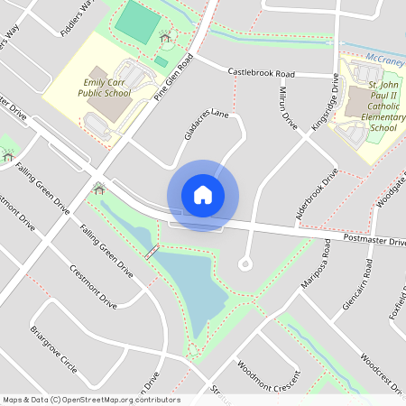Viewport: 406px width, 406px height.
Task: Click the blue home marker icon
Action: coord(203,195)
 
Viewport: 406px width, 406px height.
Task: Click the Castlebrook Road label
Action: coord(262,71)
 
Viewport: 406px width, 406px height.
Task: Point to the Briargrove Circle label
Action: coord(53,350)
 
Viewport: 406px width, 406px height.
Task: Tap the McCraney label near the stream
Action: coord(386,56)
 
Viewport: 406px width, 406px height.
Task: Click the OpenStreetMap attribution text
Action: coord(90,400)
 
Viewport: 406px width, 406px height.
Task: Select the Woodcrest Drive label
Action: coord(384,370)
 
